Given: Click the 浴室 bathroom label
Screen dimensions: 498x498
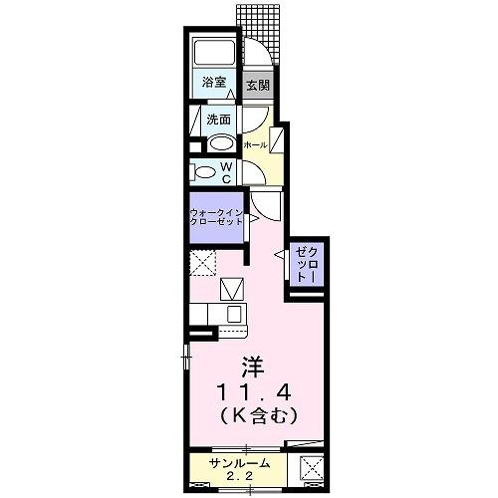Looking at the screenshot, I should (x=213, y=83).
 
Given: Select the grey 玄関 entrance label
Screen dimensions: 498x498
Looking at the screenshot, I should (x=257, y=84).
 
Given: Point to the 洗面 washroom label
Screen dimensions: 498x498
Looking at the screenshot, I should (x=218, y=120).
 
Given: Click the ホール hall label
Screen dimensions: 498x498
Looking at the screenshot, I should (x=256, y=144).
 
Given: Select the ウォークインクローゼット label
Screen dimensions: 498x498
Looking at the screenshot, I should (x=216, y=216).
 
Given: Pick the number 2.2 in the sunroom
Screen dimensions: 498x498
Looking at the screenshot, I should (x=235, y=477).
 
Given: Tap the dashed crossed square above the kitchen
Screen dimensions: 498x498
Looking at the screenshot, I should (x=204, y=266).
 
